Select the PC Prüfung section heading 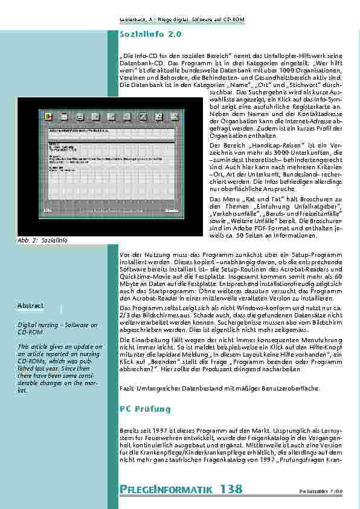click(146, 409)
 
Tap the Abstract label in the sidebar click(30, 306)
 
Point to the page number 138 click(231, 488)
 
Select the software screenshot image click(108, 164)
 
